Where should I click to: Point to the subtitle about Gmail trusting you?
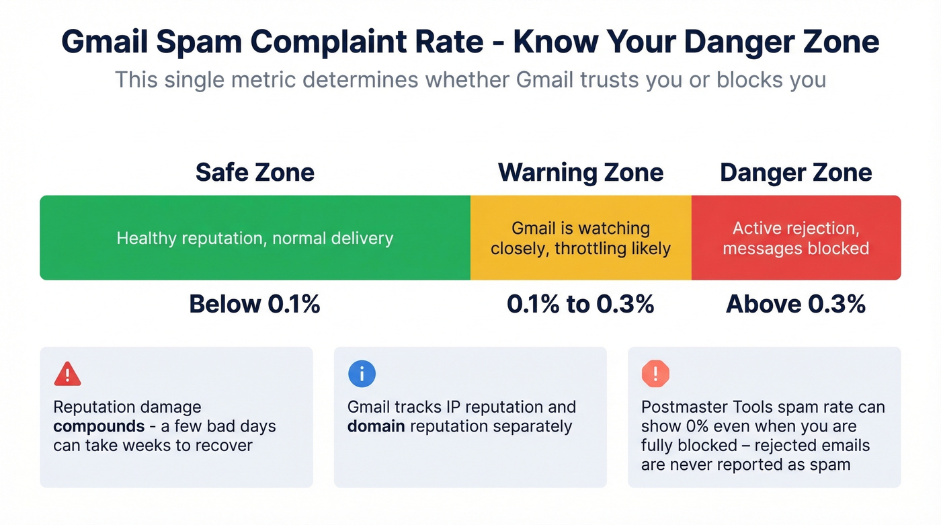click(x=470, y=79)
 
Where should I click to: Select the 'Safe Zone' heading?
click(x=255, y=173)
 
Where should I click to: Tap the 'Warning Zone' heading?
click(x=580, y=173)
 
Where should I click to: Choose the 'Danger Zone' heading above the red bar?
click(x=796, y=173)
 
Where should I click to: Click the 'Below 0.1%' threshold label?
click(x=255, y=305)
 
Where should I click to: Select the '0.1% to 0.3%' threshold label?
click(x=580, y=305)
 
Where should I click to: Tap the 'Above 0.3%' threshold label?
click(x=796, y=305)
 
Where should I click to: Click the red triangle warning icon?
click(x=67, y=374)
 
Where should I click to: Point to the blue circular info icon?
click(x=362, y=374)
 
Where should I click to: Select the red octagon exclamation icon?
click(x=655, y=374)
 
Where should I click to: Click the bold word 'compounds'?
click(x=99, y=426)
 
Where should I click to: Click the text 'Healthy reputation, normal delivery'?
click(x=255, y=238)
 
